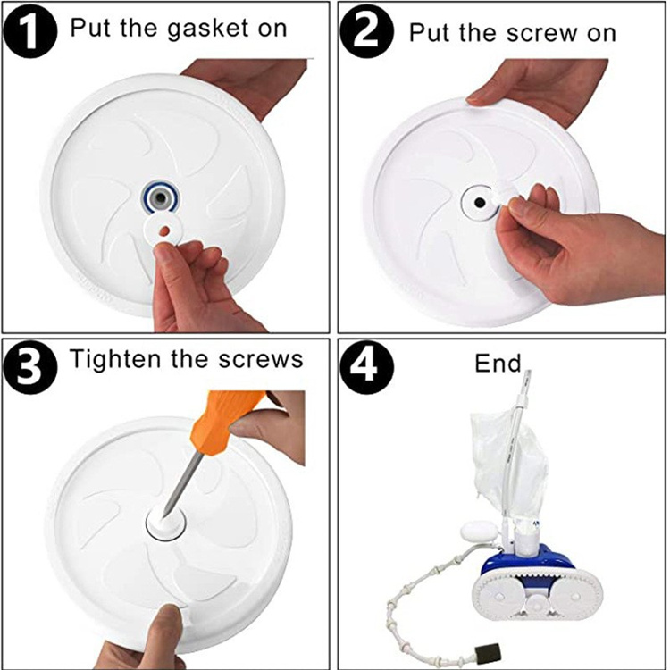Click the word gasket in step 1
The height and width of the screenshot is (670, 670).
(207, 29)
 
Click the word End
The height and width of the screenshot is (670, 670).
(498, 364)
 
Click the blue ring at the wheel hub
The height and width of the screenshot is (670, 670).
(160, 197)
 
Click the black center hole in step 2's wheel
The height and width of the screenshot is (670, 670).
(479, 203)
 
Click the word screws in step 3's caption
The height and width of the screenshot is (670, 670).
(261, 360)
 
